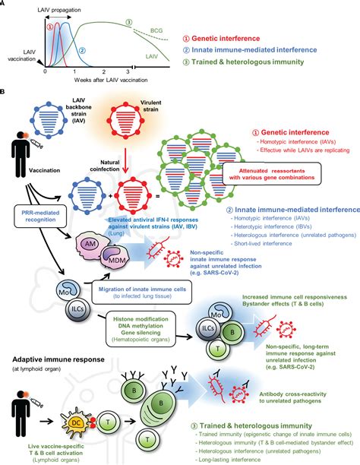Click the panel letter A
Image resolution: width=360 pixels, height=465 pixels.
[6, 5]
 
